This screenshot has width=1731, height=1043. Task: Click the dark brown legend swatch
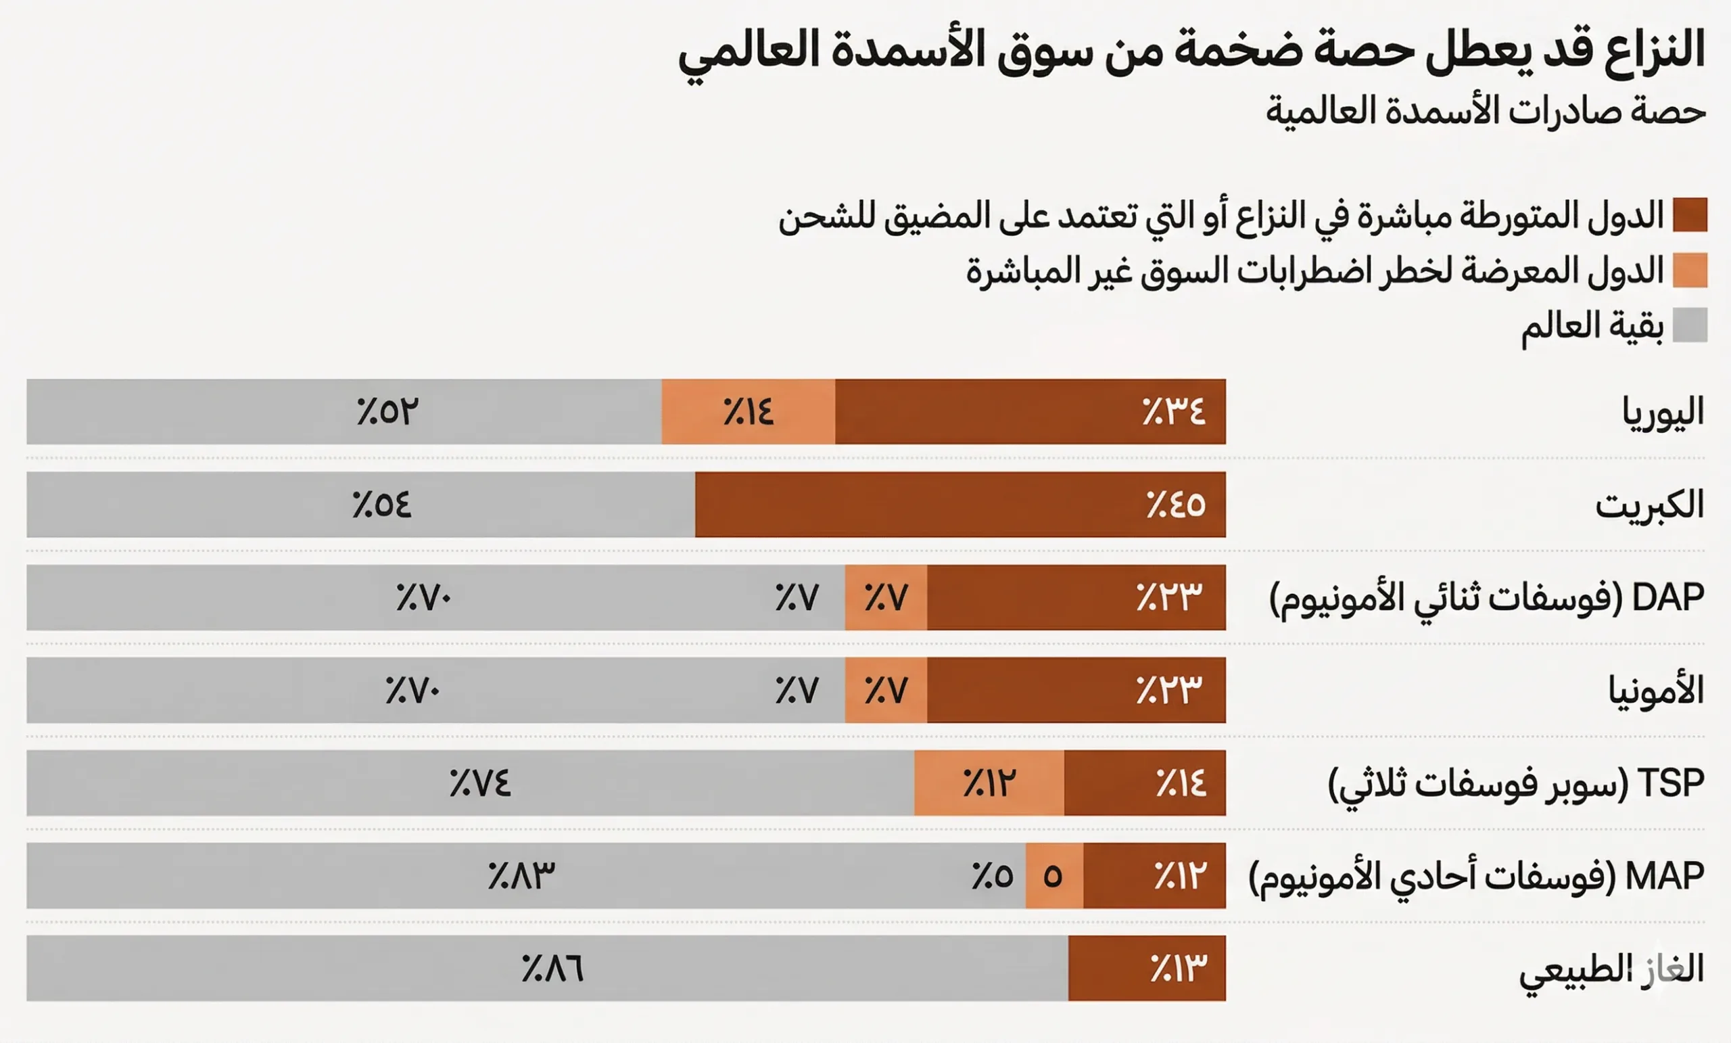click(x=1690, y=215)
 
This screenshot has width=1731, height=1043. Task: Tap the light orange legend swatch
click(x=1690, y=271)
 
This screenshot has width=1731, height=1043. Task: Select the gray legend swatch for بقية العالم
click(x=1690, y=325)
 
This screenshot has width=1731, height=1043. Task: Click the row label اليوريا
click(x=1663, y=413)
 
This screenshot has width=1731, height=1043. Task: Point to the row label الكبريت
click(x=1649, y=505)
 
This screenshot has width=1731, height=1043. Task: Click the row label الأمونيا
click(x=1656, y=691)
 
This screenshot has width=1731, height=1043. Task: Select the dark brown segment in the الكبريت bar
click(x=959, y=505)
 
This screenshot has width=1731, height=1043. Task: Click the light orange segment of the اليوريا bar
click(x=748, y=412)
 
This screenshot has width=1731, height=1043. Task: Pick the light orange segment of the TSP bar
click(x=989, y=783)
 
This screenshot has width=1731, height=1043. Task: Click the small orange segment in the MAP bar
click(x=1053, y=876)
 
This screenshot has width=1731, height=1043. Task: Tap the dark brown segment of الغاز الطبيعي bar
click(x=1147, y=969)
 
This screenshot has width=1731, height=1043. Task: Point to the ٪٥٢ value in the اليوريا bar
click(x=387, y=412)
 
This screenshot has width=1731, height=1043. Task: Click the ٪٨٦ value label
click(x=553, y=969)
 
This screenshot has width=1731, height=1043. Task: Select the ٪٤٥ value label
click(x=1175, y=505)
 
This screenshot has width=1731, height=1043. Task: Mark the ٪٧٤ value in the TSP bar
click(x=481, y=784)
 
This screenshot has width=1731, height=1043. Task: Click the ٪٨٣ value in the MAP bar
click(x=521, y=877)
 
